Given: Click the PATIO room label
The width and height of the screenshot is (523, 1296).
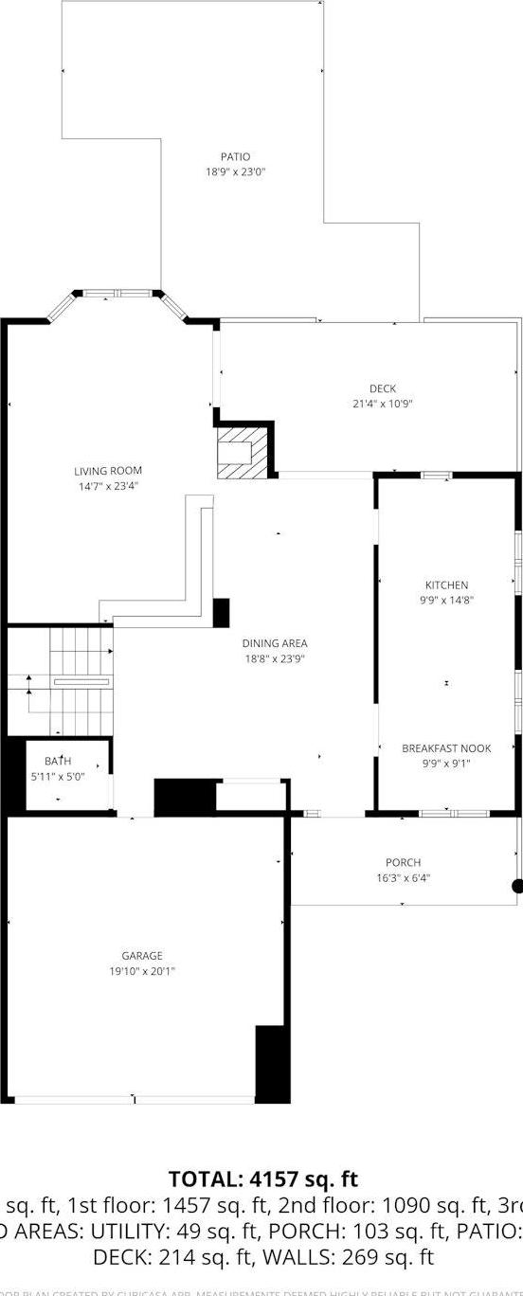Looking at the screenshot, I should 235,156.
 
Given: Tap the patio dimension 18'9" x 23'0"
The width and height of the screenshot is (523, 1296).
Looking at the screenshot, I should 235,172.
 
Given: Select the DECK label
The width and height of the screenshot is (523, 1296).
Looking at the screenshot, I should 383,388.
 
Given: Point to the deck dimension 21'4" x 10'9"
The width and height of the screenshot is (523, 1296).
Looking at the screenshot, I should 383,404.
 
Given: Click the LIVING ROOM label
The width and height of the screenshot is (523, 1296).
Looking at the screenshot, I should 108,471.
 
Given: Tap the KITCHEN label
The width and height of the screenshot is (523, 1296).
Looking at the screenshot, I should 446,585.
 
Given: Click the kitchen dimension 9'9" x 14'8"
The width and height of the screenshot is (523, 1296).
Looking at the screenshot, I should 446,600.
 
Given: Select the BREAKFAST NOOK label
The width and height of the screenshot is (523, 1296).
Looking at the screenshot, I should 446,748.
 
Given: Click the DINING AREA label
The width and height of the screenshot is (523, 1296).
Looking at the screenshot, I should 274,644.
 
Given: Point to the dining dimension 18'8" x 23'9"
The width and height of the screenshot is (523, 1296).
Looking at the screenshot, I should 274,659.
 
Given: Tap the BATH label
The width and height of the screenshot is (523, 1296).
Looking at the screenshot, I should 58,761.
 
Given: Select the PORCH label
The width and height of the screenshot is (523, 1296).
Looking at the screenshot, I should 402,862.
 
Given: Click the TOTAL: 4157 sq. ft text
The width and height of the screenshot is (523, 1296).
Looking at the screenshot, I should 262,1179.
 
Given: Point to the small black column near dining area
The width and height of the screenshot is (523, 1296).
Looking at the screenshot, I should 221,613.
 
